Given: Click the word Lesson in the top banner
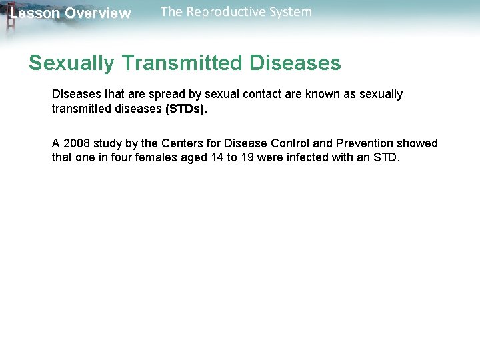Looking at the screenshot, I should [x=35, y=13].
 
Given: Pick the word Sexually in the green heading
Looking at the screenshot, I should [x=71, y=63].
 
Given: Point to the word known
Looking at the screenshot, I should [x=322, y=94].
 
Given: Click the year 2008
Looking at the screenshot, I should [x=77, y=143].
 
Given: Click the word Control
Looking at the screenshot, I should [x=288, y=143].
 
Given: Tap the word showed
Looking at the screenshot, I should [x=418, y=143].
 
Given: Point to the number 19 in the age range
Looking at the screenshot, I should [x=247, y=159].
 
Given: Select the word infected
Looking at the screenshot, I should [x=308, y=159].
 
